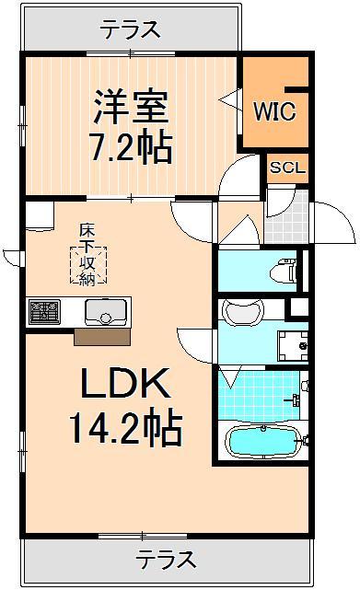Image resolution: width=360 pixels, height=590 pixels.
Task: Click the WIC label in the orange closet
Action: click(x=274, y=112)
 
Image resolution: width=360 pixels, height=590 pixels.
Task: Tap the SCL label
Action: click(x=288, y=169)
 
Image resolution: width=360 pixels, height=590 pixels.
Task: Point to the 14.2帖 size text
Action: click(x=124, y=427)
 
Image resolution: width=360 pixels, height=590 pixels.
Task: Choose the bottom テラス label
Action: click(x=167, y=558)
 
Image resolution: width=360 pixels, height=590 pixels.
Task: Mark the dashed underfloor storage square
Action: click(x=90, y=264)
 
